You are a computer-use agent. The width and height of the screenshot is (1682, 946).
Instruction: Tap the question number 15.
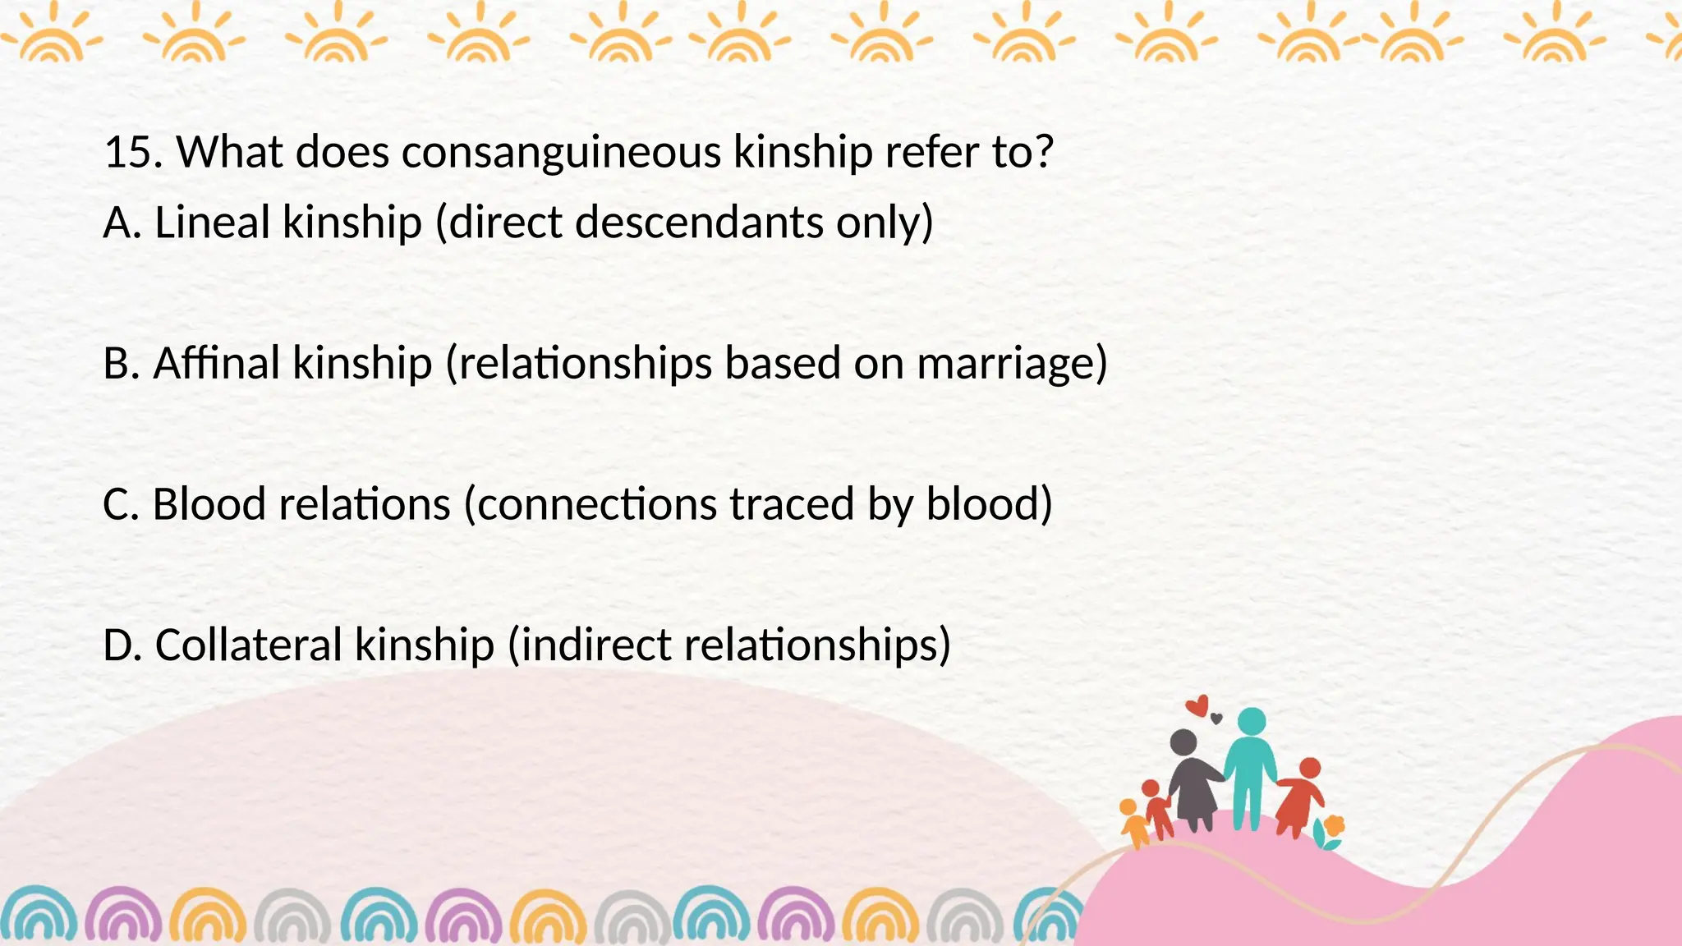coord(132,153)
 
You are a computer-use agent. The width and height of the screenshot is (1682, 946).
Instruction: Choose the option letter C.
coord(120,504)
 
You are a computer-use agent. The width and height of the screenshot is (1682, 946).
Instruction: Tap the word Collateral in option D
coord(248,645)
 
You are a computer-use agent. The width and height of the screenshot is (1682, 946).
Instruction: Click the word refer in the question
coord(931,153)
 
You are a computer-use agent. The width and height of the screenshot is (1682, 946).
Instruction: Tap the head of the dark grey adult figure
coord(1183,742)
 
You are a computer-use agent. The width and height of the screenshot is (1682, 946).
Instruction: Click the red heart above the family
coord(1198,705)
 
